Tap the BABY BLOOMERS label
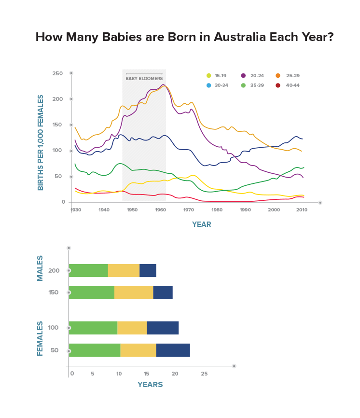point(144,78)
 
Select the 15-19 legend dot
point(208,75)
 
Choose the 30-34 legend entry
point(217,85)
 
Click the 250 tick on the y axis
point(58,73)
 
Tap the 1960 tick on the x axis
point(160,210)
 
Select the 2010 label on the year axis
point(302,210)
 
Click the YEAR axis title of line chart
point(201,224)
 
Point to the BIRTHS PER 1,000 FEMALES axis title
point(41,142)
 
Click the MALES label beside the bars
point(41,268)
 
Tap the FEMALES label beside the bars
point(41,338)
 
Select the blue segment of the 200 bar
point(148,271)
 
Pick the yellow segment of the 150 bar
point(134,293)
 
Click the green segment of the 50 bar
point(95,350)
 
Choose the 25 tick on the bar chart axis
point(204,374)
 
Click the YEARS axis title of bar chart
point(150,385)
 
